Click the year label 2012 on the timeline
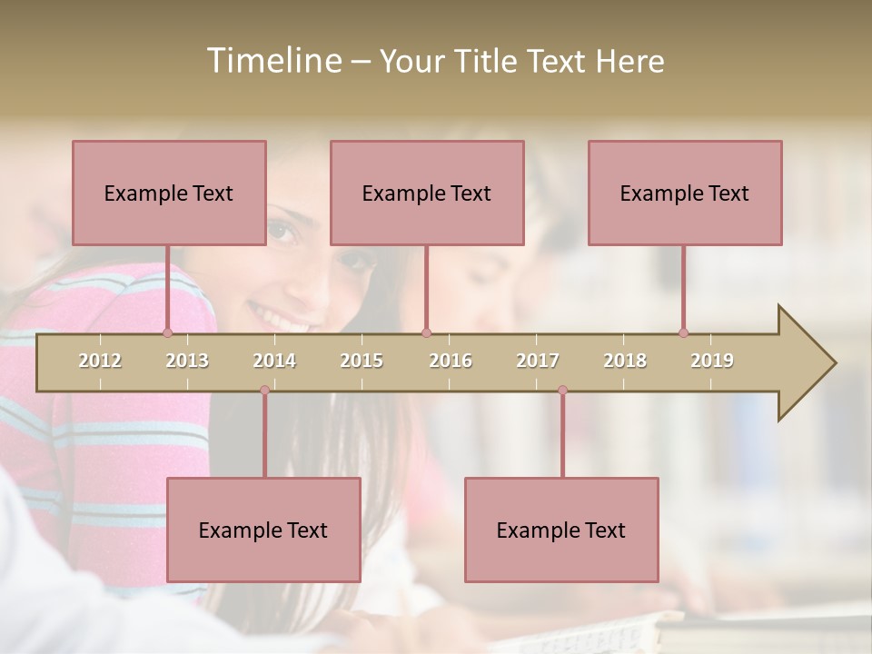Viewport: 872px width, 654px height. [100, 361]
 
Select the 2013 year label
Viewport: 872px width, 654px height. [187, 361]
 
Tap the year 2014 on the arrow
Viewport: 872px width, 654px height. [274, 361]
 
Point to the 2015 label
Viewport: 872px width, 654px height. [362, 361]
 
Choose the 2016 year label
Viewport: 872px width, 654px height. [451, 361]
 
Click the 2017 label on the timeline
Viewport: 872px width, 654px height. [538, 361]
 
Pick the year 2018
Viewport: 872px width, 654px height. [625, 361]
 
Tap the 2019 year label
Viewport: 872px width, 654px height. [712, 361]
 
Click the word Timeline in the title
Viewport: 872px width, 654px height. [273, 61]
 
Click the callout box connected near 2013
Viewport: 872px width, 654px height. [169, 193]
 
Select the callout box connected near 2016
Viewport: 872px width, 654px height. [427, 193]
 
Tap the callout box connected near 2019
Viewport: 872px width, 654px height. [685, 193]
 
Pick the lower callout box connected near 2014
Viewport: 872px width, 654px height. [263, 530]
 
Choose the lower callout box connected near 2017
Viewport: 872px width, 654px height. [561, 530]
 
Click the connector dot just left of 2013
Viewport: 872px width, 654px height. [167, 333]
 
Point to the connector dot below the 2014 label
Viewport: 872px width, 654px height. [264, 390]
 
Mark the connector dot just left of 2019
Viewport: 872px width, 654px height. [683, 333]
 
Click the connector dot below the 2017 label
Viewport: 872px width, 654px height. [562, 390]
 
